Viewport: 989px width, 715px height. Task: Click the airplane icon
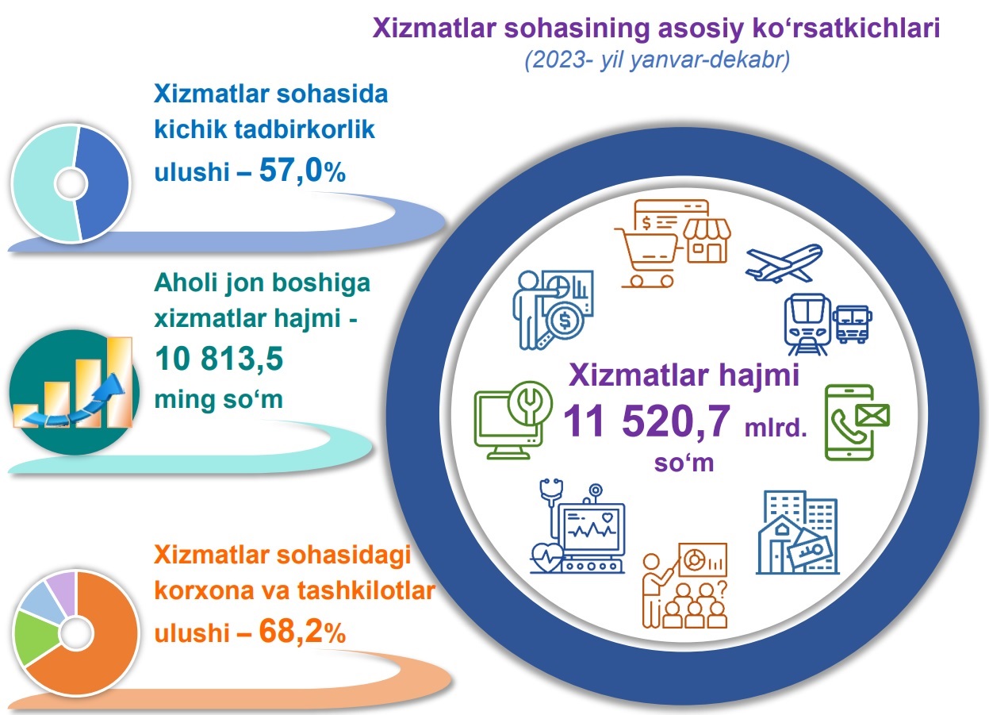click(784, 263)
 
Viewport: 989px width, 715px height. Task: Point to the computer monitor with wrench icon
click(513, 420)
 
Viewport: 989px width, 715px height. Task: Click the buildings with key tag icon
click(798, 532)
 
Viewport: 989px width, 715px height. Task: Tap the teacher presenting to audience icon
click(684, 586)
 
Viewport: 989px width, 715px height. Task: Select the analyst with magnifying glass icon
click(554, 309)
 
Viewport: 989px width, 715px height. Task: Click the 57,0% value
click(302, 171)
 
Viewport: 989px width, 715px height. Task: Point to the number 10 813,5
click(219, 359)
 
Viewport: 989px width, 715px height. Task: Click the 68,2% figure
click(302, 632)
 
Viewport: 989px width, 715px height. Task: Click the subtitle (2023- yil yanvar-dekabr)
click(657, 60)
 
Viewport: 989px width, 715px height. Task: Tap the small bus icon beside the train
click(853, 324)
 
